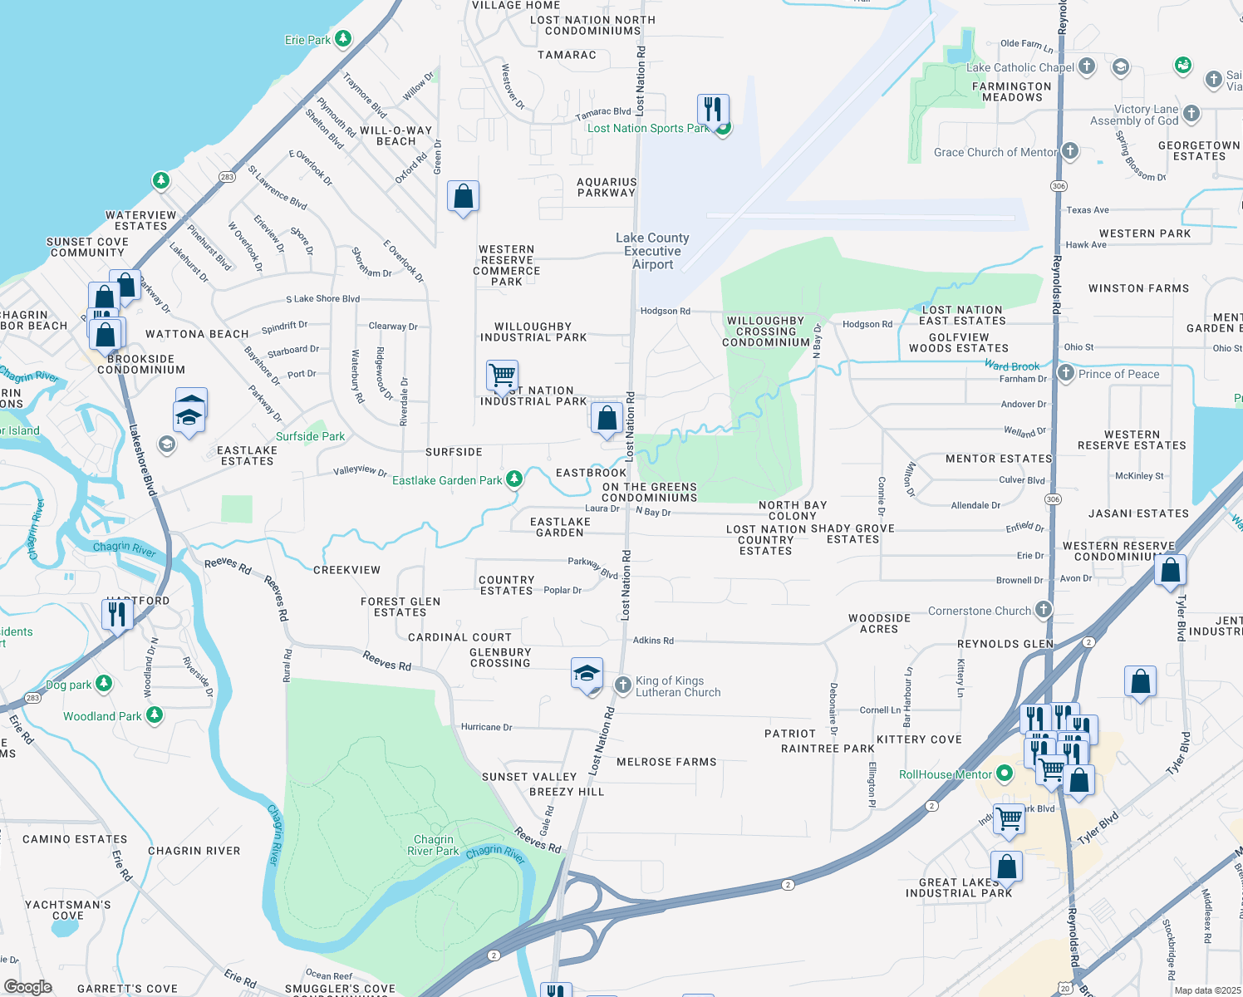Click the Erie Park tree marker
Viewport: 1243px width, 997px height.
pos(342,39)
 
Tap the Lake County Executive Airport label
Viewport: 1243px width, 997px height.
pos(652,251)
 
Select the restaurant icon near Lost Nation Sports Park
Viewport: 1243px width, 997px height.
pos(713,109)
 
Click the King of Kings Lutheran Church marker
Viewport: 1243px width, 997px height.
pos(622,685)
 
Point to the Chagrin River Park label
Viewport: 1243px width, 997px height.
pos(433,845)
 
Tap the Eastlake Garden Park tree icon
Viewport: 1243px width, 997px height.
pos(514,479)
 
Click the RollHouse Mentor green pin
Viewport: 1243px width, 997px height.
pos(1005,774)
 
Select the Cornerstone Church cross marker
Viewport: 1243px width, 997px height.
pos(1044,610)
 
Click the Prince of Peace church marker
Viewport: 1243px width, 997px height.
pos(1066,373)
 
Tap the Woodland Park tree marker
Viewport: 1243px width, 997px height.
pos(155,715)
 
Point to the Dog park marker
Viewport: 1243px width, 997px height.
pos(104,684)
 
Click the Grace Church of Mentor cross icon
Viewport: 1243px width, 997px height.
pos(1070,151)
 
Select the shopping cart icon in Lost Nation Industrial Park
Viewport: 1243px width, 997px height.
pos(503,376)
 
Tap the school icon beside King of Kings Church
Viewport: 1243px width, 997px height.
pos(587,674)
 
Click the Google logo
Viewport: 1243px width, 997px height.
pos(28,987)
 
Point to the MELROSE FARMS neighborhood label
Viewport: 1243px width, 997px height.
pos(666,762)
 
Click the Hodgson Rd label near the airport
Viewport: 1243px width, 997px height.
pos(665,311)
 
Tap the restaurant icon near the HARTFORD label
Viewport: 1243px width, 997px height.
pos(117,614)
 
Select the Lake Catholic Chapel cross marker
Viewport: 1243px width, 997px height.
pos(1087,66)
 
